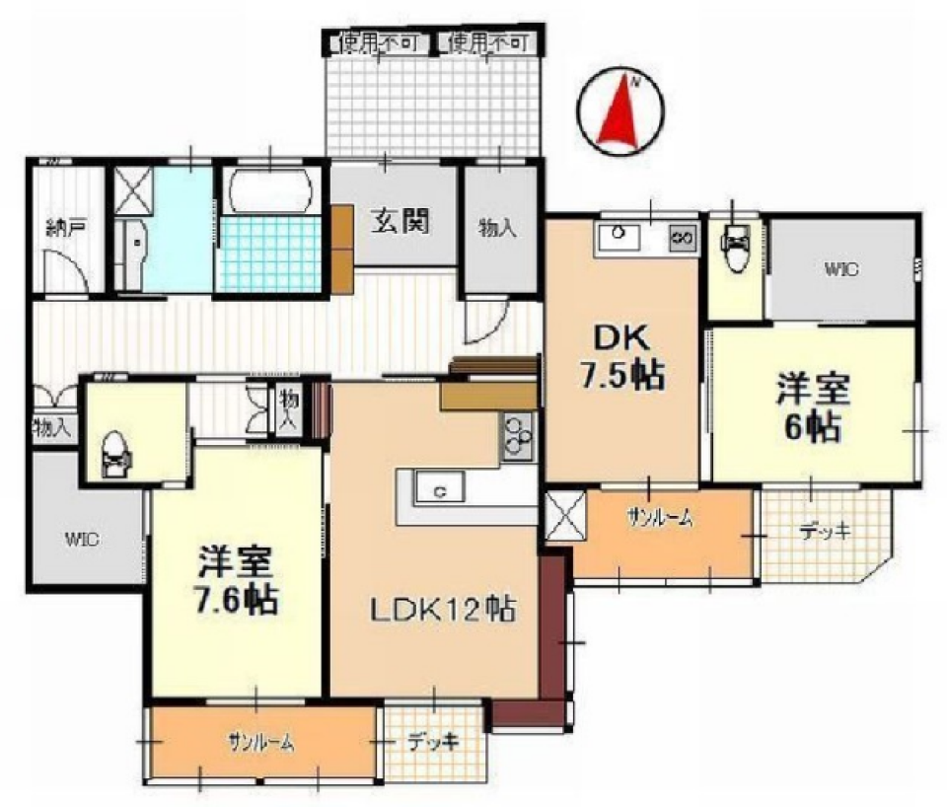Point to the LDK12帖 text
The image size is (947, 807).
(x=443, y=611)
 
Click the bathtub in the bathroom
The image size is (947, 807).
(x=269, y=192)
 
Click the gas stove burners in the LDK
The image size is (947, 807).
(x=517, y=435)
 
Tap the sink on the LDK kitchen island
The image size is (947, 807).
(x=441, y=489)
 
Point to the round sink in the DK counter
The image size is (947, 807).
(x=619, y=234)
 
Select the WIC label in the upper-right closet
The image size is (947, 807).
(x=840, y=267)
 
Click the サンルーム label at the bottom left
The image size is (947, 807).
(x=260, y=744)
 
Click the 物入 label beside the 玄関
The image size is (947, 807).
(x=498, y=229)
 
